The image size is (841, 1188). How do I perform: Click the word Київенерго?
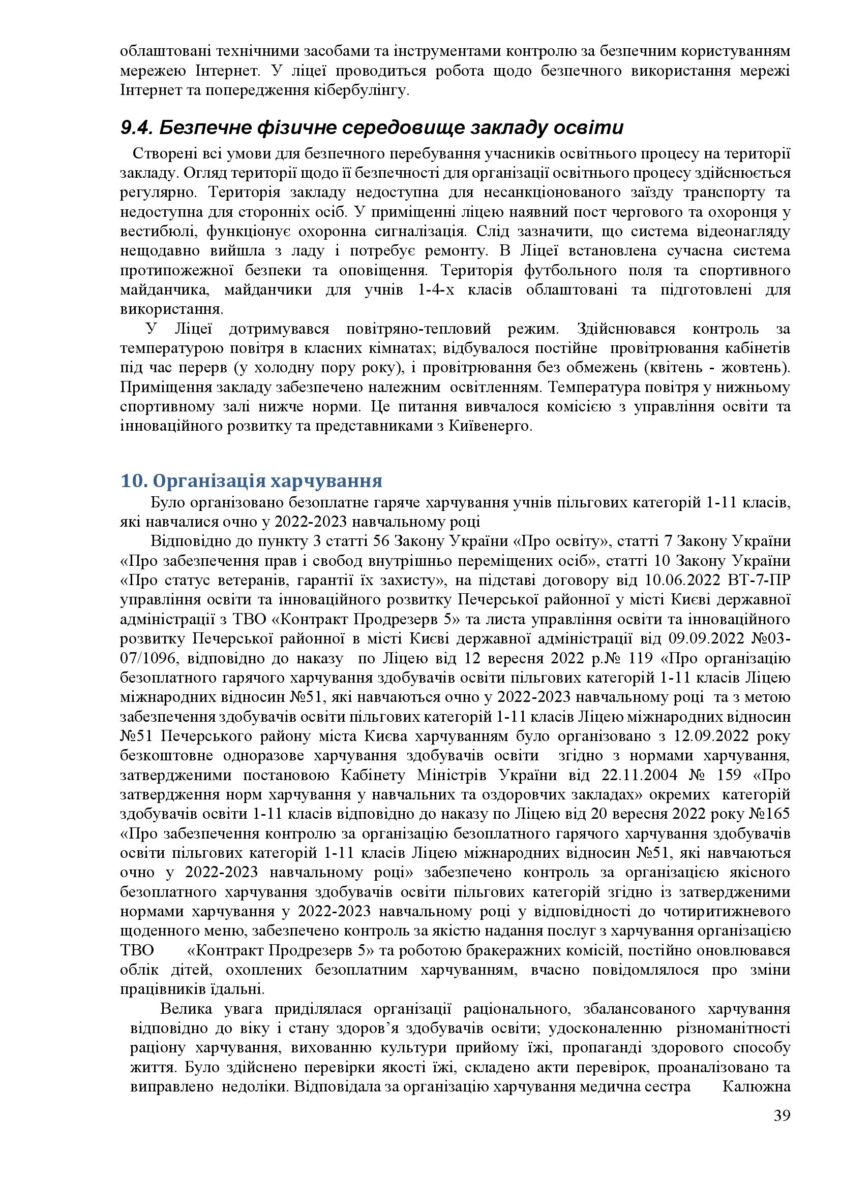tap(489, 426)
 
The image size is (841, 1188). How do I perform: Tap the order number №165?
tap(769, 814)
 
